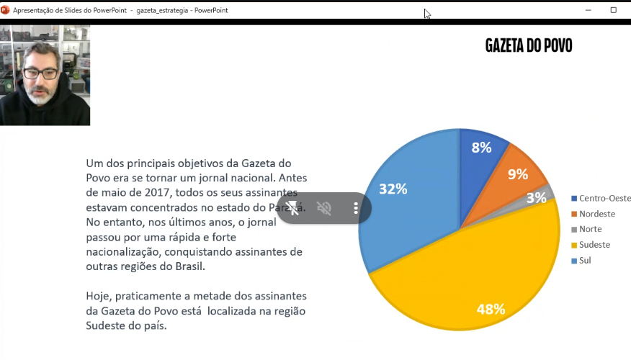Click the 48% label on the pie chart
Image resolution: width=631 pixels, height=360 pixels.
(491, 310)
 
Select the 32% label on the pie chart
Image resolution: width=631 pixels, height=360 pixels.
(393, 189)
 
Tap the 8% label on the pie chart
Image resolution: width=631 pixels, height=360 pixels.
(481, 148)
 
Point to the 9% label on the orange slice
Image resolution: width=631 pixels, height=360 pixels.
(517, 174)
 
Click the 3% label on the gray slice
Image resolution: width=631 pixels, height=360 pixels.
(536, 198)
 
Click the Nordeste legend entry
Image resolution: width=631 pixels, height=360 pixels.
(596, 214)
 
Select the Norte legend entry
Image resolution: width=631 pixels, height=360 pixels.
(590, 229)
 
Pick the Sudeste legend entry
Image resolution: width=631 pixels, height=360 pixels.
(594, 245)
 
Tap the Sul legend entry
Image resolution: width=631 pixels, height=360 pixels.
(584, 260)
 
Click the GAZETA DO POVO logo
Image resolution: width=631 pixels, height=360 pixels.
(529, 46)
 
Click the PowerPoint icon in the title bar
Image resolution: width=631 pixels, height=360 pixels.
(6, 10)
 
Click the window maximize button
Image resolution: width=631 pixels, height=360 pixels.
(613, 10)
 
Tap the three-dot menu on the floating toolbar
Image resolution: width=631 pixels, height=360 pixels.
(356, 209)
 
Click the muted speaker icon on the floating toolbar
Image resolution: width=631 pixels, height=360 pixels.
(324, 209)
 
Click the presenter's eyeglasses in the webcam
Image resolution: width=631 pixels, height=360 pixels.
(40, 73)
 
